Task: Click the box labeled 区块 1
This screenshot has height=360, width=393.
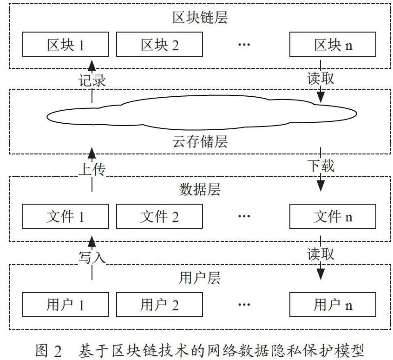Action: click(x=65, y=44)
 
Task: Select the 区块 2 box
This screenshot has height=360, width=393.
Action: click(x=159, y=44)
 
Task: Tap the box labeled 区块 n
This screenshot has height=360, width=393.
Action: click(x=333, y=44)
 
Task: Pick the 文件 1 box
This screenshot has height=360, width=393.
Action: click(x=65, y=216)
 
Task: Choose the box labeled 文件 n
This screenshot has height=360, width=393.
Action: click(x=333, y=216)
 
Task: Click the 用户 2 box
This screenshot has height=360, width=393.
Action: click(x=159, y=305)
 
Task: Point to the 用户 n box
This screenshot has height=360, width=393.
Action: click(x=333, y=305)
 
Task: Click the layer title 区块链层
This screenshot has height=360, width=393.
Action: click(x=200, y=18)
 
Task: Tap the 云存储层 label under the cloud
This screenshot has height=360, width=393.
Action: click(x=200, y=141)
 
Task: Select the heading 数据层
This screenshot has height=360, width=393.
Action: click(x=200, y=189)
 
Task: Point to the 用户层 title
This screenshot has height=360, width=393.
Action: click(x=200, y=278)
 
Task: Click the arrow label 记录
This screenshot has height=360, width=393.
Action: click(x=92, y=80)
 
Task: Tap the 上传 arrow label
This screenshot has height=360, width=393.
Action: click(x=92, y=169)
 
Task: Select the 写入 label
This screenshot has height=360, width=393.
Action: click(x=92, y=257)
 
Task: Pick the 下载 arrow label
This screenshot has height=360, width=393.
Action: click(x=321, y=166)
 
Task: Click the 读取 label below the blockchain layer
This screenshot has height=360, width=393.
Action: click(x=321, y=78)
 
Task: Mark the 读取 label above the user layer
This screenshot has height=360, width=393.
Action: click(x=321, y=254)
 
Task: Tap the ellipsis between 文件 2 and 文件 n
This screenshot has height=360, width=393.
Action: click(x=244, y=216)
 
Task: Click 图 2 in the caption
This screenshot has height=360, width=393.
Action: click(x=49, y=351)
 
